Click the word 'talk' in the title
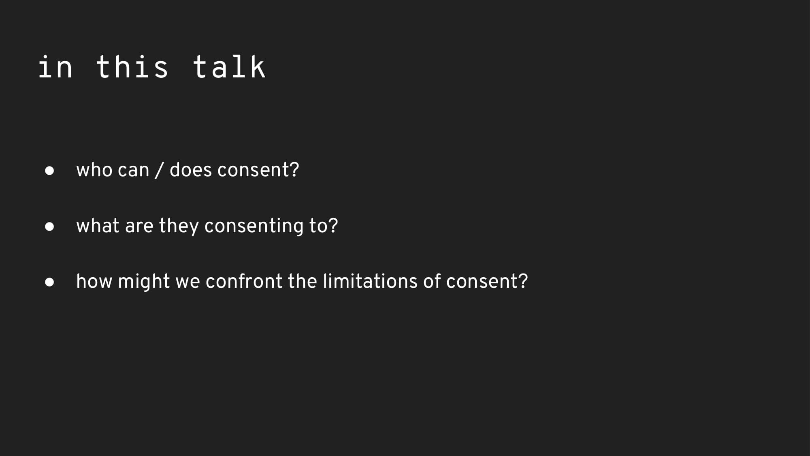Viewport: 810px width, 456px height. pos(229,66)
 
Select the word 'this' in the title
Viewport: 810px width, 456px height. pos(132,66)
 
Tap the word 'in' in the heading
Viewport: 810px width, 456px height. pos(55,66)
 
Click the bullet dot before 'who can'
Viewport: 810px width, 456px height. pos(49,171)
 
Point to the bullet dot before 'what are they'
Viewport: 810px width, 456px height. pos(49,226)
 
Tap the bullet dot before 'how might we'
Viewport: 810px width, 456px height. pos(49,282)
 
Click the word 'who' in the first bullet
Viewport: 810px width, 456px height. pos(94,170)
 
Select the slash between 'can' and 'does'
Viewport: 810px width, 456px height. pos(159,170)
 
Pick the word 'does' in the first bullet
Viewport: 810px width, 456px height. pos(190,170)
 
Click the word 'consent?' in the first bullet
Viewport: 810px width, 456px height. pos(258,170)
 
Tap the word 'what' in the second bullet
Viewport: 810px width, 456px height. pos(98,226)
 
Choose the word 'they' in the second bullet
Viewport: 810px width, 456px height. pos(179,227)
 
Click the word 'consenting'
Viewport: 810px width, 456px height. pos(254,227)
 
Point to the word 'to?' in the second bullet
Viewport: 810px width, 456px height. pos(324,226)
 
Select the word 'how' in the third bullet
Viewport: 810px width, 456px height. pos(94,281)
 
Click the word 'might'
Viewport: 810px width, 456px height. pos(144,282)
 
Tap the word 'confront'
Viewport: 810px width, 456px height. pos(244,281)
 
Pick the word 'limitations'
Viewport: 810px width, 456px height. pos(370,281)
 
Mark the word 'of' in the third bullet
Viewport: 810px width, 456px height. pos(432,281)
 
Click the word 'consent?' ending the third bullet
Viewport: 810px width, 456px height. pos(487,281)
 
